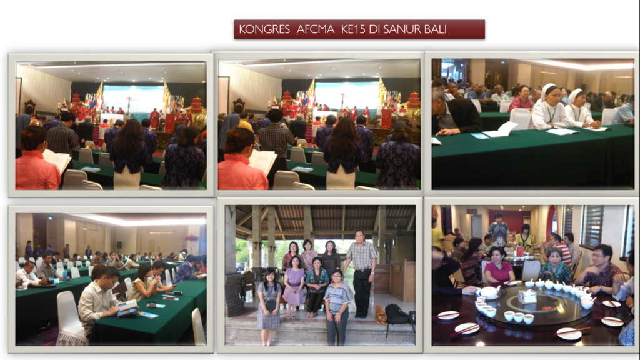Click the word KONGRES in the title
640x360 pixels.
(x=264, y=29)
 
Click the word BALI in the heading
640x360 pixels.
(x=437, y=29)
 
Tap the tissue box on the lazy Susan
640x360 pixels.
(x=527, y=296)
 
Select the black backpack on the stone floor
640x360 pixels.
(x=396, y=314)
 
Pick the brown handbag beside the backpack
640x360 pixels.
(x=381, y=315)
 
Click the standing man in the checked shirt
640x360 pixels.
(x=361, y=274)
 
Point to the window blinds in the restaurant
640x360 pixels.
(x=592, y=226)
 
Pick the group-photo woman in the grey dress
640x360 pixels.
(x=268, y=305)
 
